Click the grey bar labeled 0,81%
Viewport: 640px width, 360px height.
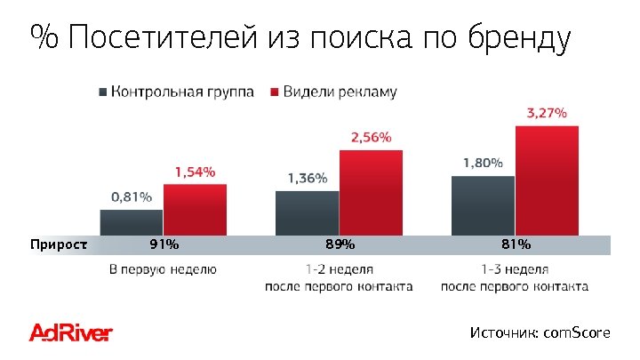[x=132, y=222]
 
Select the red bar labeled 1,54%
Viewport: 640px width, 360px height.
[x=195, y=210]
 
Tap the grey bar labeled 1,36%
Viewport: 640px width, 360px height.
[x=308, y=213]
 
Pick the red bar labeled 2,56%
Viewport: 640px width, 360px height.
[x=371, y=192]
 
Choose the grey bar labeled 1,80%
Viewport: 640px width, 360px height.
[x=483, y=205]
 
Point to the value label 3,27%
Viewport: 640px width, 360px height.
[x=547, y=113]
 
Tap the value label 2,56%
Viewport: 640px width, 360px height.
[x=371, y=137]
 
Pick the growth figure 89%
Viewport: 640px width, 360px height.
[x=340, y=244]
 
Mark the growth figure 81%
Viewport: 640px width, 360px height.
[x=516, y=244]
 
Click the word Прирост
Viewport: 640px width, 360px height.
[x=59, y=244]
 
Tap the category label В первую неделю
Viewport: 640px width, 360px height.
[x=163, y=268]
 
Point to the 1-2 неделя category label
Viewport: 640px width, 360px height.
[x=339, y=268]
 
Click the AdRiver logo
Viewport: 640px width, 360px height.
[x=71, y=333]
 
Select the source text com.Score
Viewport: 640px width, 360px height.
[x=577, y=332]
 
